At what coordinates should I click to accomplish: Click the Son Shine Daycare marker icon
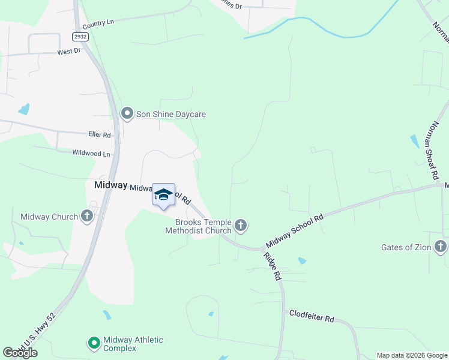(x=127, y=113)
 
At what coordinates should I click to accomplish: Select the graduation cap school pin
(x=163, y=195)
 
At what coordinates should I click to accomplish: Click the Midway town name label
(x=110, y=185)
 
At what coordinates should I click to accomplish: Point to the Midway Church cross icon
(x=87, y=217)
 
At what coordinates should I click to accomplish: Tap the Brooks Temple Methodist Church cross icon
(x=241, y=226)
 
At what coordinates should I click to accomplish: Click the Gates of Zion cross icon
(x=441, y=247)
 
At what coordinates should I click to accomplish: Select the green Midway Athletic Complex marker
(x=94, y=344)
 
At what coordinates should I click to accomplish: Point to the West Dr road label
(x=68, y=52)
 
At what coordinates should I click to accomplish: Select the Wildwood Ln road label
(x=91, y=154)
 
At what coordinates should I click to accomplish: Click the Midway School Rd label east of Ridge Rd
(x=294, y=230)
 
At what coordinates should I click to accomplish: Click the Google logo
(x=20, y=353)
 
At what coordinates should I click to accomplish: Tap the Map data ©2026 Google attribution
(x=412, y=355)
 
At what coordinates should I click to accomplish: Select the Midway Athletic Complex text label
(x=133, y=344)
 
